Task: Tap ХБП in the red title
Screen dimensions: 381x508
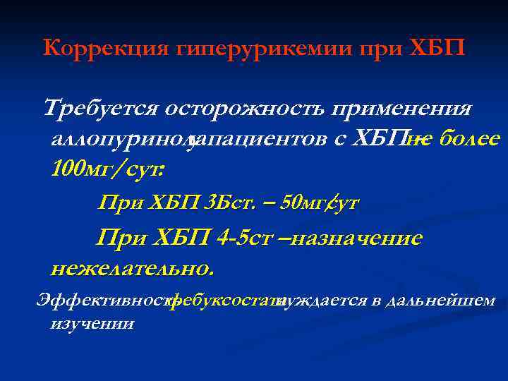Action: pos(437,49)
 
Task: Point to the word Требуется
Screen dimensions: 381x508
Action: pos(101,109)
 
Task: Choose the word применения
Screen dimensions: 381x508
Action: pos(401,109)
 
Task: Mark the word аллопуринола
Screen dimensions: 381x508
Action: pos(121,139)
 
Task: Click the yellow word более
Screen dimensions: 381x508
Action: pos(469,139)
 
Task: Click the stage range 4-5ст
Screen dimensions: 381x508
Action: pos(243,238)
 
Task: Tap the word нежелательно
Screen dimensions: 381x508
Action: pos(131,268)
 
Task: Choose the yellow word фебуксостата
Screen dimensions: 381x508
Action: pos(223,301)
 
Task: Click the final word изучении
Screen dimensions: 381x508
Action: pos(92,323)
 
